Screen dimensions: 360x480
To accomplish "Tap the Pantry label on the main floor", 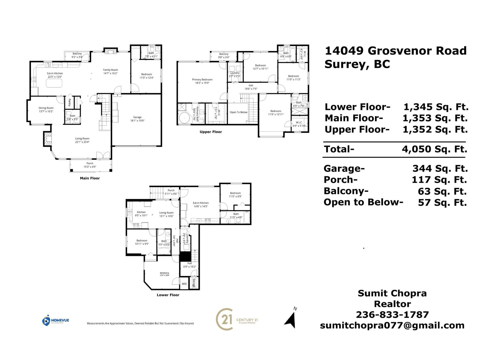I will coord(69,102).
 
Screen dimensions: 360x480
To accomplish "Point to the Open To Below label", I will coord(238,112).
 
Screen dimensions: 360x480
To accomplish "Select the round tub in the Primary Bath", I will coord(184,119).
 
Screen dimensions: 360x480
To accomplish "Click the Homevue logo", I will coord(55,321).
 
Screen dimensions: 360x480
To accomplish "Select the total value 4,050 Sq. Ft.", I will coord(434,149).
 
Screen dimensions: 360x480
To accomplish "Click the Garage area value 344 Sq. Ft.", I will coord(440,169).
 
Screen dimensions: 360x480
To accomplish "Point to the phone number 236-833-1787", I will coord(392,314).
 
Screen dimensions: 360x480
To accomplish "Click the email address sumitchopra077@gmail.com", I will coord(392,325).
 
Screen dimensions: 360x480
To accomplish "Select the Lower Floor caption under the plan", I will coord(168,295).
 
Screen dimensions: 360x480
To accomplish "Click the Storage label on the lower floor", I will coord(194,283).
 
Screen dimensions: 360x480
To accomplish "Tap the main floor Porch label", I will coord(90,163).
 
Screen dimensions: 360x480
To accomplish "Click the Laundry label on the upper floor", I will coord(235,73).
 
